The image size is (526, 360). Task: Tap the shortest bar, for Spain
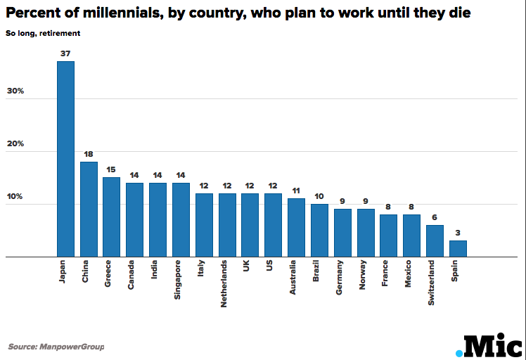[x=457, y=249]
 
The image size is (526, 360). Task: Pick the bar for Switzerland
[x=435, y=241]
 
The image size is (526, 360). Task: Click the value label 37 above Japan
[x=65, y=53]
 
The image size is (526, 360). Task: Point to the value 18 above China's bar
[x=89, y=154]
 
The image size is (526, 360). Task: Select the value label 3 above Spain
[x=457, y=233]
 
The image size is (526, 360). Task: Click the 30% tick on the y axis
[x=15, y=91]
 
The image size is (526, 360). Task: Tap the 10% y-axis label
[x=15, y=196]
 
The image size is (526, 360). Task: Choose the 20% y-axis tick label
[x=15, y=143]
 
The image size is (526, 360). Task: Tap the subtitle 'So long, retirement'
[x=43, y=32]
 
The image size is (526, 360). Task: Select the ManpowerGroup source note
[x=56, y=347]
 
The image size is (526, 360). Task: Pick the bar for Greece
[x=111, y=217]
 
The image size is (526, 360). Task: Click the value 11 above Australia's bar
[x=296, y=191]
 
